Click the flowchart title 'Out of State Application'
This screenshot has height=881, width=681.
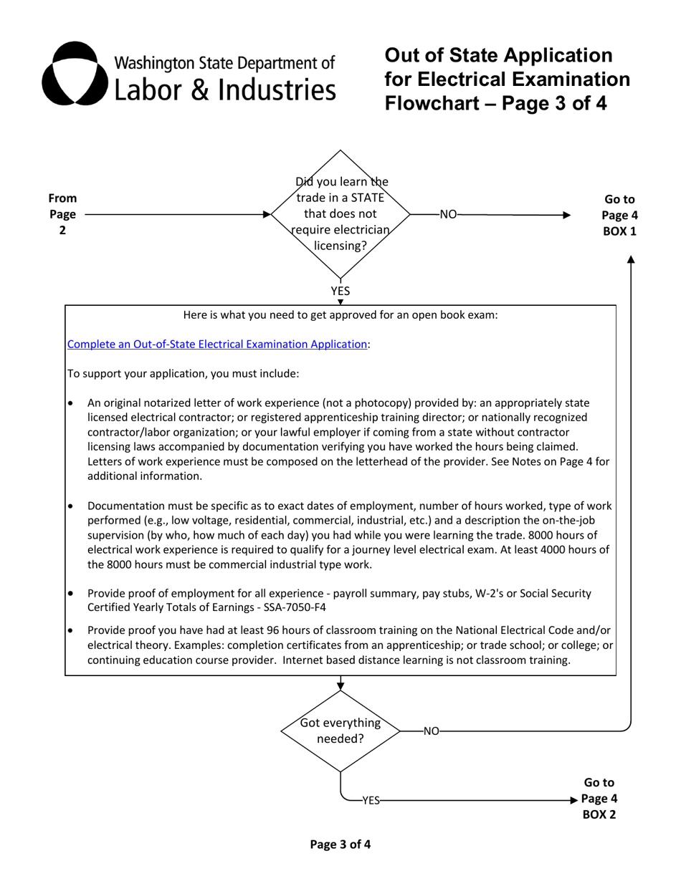pos(498,56)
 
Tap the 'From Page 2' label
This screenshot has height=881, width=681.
pos(62,214)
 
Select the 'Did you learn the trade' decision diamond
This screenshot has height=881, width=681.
pos(340,214)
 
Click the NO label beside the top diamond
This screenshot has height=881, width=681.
pos(447,214)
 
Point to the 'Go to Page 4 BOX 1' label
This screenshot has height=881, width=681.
pos(619,215)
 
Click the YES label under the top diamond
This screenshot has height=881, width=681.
pos(340,291)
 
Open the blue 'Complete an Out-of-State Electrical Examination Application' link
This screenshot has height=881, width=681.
pos(217,345)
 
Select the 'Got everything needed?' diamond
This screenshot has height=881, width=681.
pos(340,731)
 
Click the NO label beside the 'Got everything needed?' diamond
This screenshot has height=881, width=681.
pos(431,731)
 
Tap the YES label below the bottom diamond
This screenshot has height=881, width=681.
pos(370,801)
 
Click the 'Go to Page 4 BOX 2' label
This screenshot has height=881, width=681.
pos(599,799)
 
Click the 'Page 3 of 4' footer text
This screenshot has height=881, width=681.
pos(340,844)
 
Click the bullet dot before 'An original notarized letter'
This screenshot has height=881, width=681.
pos(70,404)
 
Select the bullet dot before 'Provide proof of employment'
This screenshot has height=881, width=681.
pos(70,594)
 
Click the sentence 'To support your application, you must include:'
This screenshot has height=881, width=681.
pos(183,374)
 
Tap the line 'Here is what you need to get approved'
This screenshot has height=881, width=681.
pos(340,315)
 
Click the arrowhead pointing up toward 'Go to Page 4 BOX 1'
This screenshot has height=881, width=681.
pos(631,259)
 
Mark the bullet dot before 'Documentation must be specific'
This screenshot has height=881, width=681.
pos(70,506)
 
